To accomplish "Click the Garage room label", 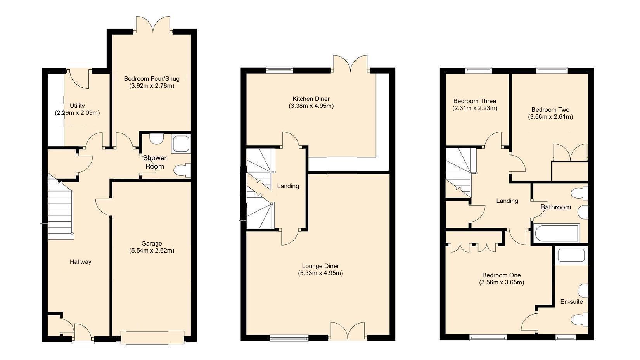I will click(151, 244).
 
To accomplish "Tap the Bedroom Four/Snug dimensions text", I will click(152, 86).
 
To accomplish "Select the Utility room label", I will click(77, 106).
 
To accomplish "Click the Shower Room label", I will click(155, 162).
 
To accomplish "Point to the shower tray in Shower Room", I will click(181, 144).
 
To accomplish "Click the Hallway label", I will click(80, 262).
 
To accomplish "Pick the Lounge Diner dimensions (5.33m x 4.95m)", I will click(320, 273).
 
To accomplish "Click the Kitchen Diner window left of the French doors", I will click(279, 70).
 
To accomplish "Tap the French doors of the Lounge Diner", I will click(348, 331).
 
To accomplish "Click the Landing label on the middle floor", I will click(288, 186).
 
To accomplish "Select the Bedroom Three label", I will click(475, 101).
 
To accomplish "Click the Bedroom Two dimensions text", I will click(550, 117).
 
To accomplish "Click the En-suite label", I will click(571, 302).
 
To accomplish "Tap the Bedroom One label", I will click(502, 275).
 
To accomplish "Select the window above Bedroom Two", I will click(552, 70).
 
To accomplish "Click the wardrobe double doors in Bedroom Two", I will click(570, 153).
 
